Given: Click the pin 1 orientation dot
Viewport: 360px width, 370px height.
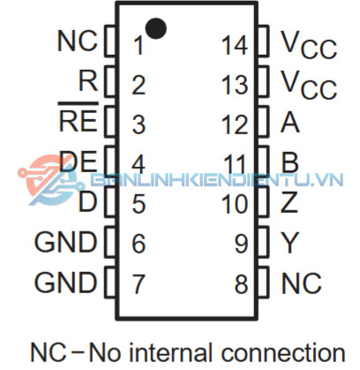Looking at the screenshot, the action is pos(156,28).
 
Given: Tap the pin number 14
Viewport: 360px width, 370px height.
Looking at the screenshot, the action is pos(235,46).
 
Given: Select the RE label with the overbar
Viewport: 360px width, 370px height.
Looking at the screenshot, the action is pos(78,117).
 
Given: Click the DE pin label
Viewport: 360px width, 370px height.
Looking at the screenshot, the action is pos(79,161).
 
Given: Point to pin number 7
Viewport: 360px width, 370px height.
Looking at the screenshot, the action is pos(139,283).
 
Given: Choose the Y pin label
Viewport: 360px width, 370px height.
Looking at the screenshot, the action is pos(290,243).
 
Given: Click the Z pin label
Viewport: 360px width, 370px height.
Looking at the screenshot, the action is pos(289,202).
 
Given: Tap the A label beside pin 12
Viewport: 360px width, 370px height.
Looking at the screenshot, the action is pos(290,123).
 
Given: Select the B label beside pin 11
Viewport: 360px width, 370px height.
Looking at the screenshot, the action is pos(290,162).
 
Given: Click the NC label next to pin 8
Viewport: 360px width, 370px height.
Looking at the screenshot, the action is pos(301,283).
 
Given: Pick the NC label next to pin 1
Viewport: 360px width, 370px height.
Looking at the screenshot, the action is pos(78,41).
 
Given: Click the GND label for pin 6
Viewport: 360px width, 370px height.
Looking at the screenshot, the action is pos(65,242).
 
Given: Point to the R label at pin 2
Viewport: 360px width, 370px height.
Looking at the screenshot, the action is pos(88,81).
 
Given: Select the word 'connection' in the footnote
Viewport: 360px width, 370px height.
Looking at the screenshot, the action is pos(283,352).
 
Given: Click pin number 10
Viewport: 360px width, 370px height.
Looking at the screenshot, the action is pos(235,204).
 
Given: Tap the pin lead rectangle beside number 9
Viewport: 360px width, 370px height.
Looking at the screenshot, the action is pos(264,241).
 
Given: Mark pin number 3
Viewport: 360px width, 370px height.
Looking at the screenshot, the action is pos(139,125).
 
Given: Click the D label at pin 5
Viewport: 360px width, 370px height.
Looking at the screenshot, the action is pos(87,202).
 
